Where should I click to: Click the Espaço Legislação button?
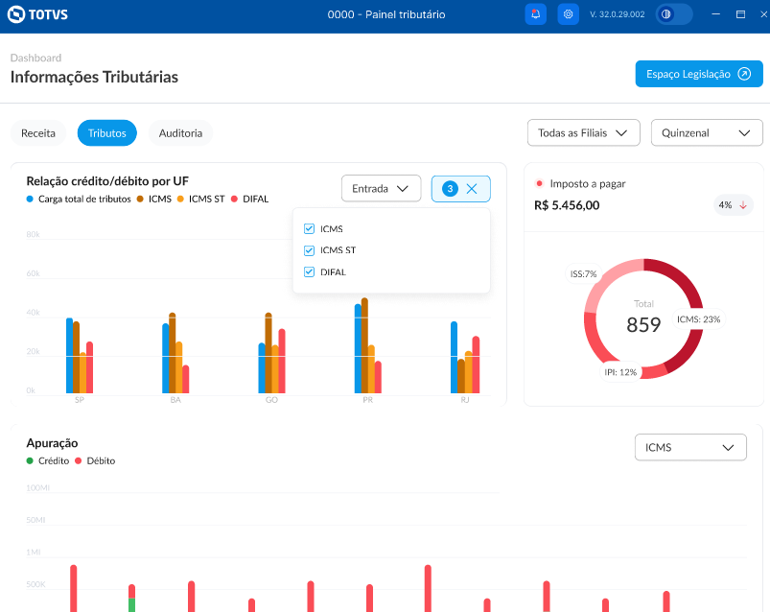pyautogui.click(x=698, y=74)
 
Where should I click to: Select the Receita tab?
pyautogui.click(x=38, y=133)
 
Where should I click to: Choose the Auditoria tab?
pyautogui.click(x=180, y=133)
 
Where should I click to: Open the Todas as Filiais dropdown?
pyautogui.click(x=583, y=133)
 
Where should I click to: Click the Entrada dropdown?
pyautogui.click(x=381, y=189)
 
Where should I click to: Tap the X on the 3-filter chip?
pyautogui.click(x=472, y=189)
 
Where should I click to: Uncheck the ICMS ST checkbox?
pyautogui.click(x=309, y=250)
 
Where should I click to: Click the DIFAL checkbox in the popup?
pyautogui.click(x=309, y=272)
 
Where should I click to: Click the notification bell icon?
pyautogui.click(x=536, y=14)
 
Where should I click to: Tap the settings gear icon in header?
pyautogui.click(x=569, y=14)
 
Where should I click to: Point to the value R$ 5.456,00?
pyautogui.click(x=567, y=205)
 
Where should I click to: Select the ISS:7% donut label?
pyautogui.click(x=583, y=274)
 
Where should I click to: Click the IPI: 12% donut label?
pyautogui.click(x=620, y=371)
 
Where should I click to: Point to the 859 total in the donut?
pyautogui.click(x=643, y=325)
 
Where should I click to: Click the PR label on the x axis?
pyautogui.click(x=368, y=400)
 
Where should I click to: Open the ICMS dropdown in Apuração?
pyautogui.click(x=690, y=447)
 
